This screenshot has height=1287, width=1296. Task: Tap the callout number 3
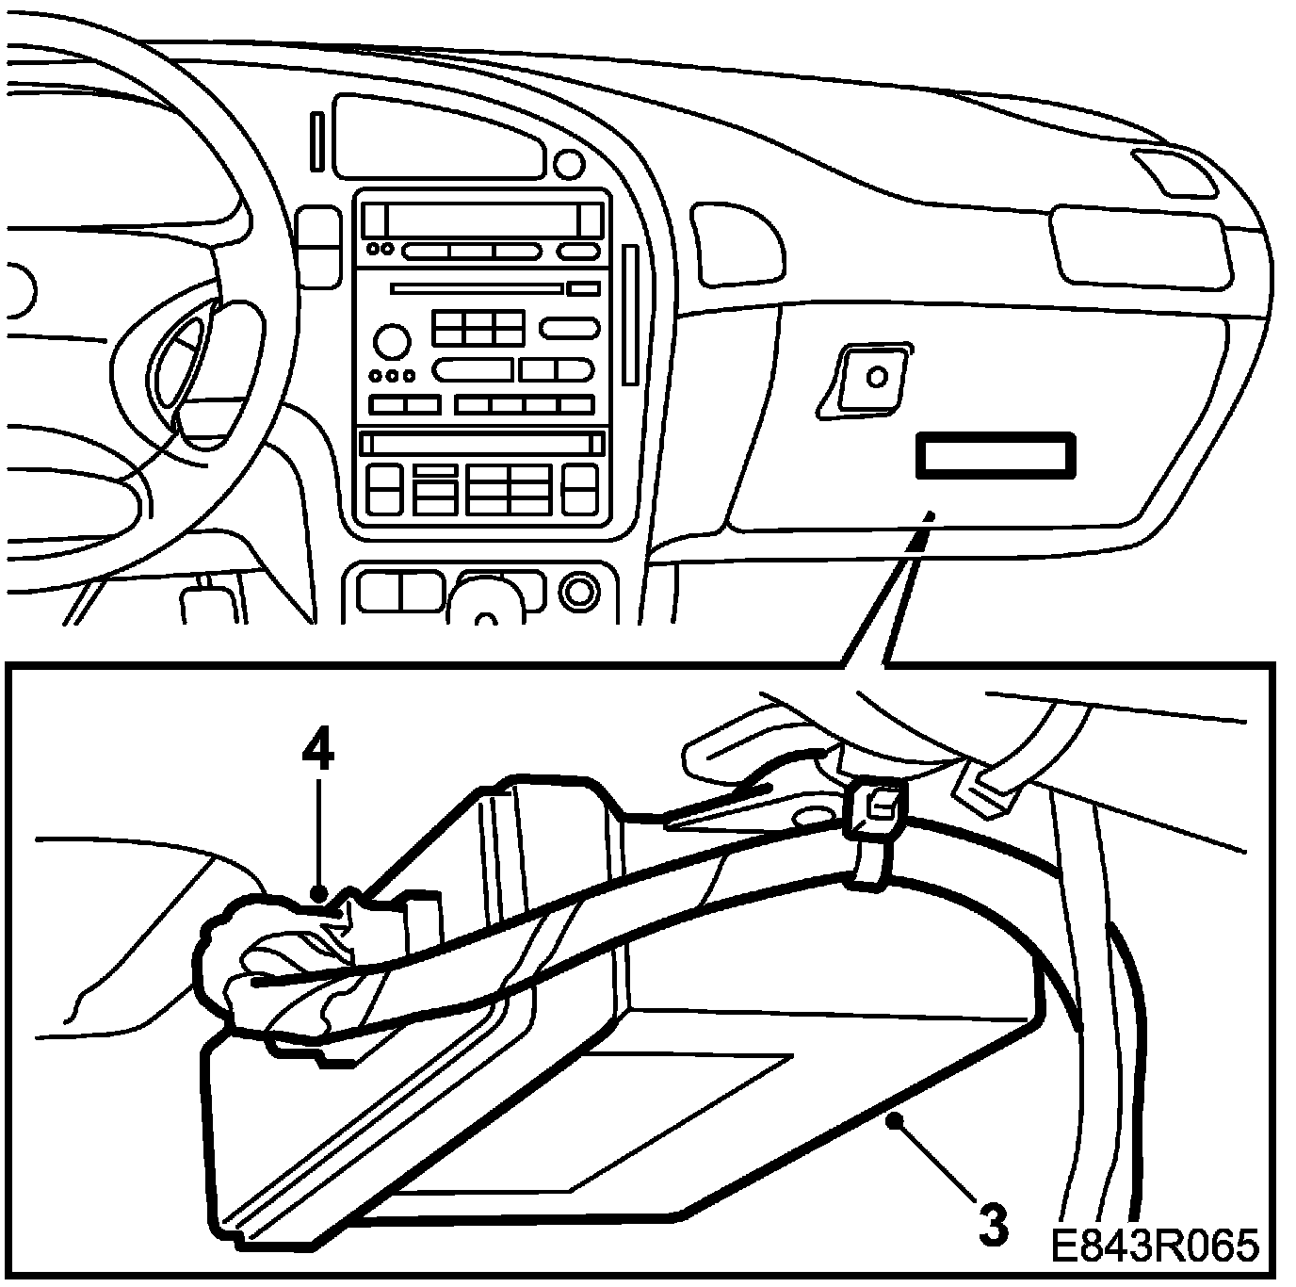pos(993,1224)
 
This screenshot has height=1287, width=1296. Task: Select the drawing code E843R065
pos(1154,1245)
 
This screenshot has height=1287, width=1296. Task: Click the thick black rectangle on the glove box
pos(995,456)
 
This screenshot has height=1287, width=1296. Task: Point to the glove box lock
pos(875,377)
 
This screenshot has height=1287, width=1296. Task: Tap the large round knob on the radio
pos(391,340)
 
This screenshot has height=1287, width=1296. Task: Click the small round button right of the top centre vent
pos(569,165)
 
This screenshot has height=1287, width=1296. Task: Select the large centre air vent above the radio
pos(439,138)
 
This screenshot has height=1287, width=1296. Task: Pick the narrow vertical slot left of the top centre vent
pos(316,141)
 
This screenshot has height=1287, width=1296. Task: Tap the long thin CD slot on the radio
pos(477,288)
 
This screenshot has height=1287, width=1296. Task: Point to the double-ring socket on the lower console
pos(578,592)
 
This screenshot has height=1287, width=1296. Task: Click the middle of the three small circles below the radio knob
pos(392,376)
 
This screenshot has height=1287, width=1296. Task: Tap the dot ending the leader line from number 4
pos(319,891)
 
